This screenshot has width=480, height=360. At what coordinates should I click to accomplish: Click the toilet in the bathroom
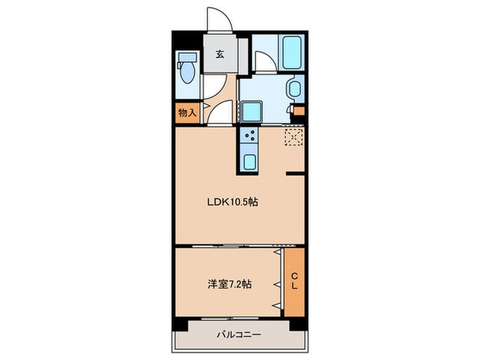pyautogui.click(x=187, y=71)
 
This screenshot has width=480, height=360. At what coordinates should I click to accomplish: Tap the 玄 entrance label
pyautogui.click(x=221, y=56)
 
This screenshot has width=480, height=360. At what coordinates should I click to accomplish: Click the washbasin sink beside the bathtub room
pyautogui.click(x=294, y=89)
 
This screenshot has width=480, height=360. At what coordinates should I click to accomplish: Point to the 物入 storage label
pyautogui.click(x=187, y=112)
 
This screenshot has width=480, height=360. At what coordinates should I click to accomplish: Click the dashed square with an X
pyautogui.click(x=293, y=137)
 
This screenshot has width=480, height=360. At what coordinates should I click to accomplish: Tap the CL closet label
pyautogui.click(x=294, y=281)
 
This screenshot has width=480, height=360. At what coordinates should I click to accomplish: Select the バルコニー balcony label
pyautogui.click(x=239, y=335)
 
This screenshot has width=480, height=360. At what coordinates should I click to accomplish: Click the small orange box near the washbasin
pyautogui.click(x=299, y=111)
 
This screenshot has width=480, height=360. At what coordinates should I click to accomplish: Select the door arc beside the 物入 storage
pyautogui.click(x=219, y=113)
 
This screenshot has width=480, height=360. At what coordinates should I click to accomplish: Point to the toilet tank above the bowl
pyautogui.click(x=186, y=57)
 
